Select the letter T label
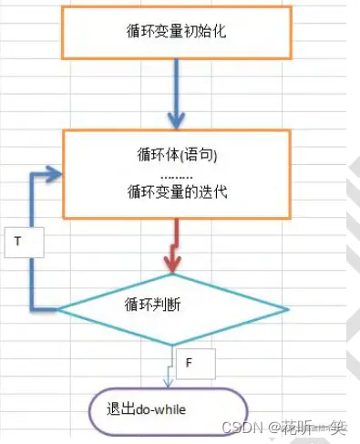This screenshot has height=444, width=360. [x=19, y=243]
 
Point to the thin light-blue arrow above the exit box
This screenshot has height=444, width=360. [x=168, y=368]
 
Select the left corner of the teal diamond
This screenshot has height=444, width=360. [x=60, y=309]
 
